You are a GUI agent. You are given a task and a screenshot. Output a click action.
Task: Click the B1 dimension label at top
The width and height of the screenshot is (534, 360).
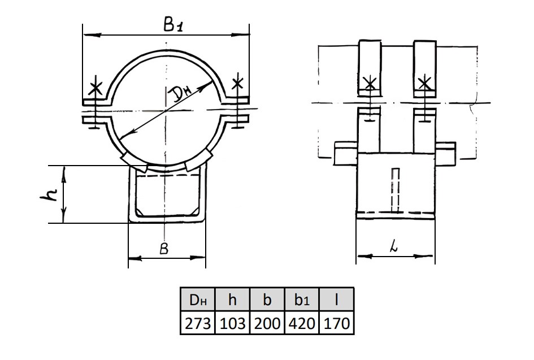click(x=173, y=25)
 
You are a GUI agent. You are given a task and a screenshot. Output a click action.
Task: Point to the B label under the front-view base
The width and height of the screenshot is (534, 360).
click(x=164, y=249)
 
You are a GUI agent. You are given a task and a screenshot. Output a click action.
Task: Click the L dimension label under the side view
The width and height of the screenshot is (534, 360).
click(x=394, y=246)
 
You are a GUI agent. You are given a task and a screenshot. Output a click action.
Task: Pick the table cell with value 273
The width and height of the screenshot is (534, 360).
click(x=198, y=323)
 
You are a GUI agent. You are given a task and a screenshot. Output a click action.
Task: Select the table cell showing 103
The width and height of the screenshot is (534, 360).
click(x=233, y=323)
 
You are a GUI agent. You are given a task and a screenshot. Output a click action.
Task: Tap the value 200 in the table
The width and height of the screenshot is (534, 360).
click(x=267, y=323)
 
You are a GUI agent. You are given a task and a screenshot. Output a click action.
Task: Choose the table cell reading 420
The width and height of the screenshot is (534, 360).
click(x=302, y=323)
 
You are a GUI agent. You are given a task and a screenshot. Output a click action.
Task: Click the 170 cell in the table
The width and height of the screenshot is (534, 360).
click(x=336, y=323)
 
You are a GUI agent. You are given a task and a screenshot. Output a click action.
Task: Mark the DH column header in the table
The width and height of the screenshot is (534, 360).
click(x=198, y=300)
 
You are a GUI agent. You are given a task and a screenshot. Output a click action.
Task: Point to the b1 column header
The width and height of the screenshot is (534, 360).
click(x=302, y=300)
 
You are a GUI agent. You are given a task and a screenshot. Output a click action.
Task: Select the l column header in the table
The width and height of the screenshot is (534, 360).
click(x=336, y=300)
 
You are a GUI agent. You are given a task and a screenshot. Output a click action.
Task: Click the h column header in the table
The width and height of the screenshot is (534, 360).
click(x=233, y=300)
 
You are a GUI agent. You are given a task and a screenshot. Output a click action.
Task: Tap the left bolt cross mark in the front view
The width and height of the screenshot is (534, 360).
click(x=95, y=88)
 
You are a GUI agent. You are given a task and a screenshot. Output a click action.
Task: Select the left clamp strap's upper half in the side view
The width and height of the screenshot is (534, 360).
click(x=369, y=68)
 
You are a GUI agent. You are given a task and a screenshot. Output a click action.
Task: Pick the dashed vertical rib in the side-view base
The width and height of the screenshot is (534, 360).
click(x=396, y=189)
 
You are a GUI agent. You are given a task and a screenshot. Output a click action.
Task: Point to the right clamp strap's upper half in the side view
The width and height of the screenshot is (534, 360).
click(x=425, y=68)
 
